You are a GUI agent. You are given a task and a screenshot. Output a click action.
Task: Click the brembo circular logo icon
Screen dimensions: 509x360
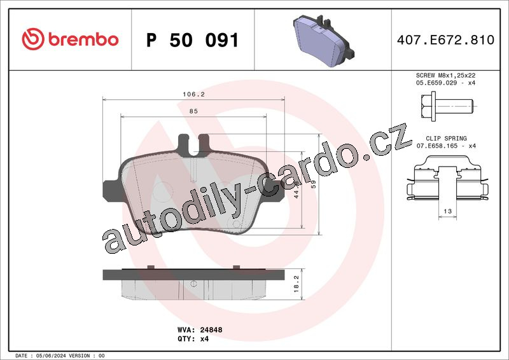pyautogui.click(x=33, y=39)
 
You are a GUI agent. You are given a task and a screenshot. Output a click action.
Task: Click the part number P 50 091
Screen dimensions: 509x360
pyautogui.click(x=193, y=40)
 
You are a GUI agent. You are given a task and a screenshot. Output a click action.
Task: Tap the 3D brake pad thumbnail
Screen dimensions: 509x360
pyautogui.click(x=323, y=40)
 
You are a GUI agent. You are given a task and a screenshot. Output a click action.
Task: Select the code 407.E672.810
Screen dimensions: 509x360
pyautogui.click(x=445, y=40)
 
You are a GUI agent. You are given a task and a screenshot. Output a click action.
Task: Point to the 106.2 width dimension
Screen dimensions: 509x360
pyautogui.click(x=193, y=95)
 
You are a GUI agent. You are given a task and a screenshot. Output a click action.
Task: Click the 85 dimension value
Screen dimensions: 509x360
pyautogui.click(x=193, y=111)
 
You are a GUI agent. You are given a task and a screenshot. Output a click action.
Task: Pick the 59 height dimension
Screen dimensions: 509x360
pyautogui.click(x=314, y=184)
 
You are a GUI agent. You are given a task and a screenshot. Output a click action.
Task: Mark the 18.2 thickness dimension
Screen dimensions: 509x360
pyautogui.click(x=296, y=284)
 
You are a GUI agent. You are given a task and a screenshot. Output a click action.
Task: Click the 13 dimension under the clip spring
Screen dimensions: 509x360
pyautogui.click(x=448, y=211)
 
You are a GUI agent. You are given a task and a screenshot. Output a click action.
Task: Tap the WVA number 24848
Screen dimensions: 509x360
pyautogui.click(x=211, y=330)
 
